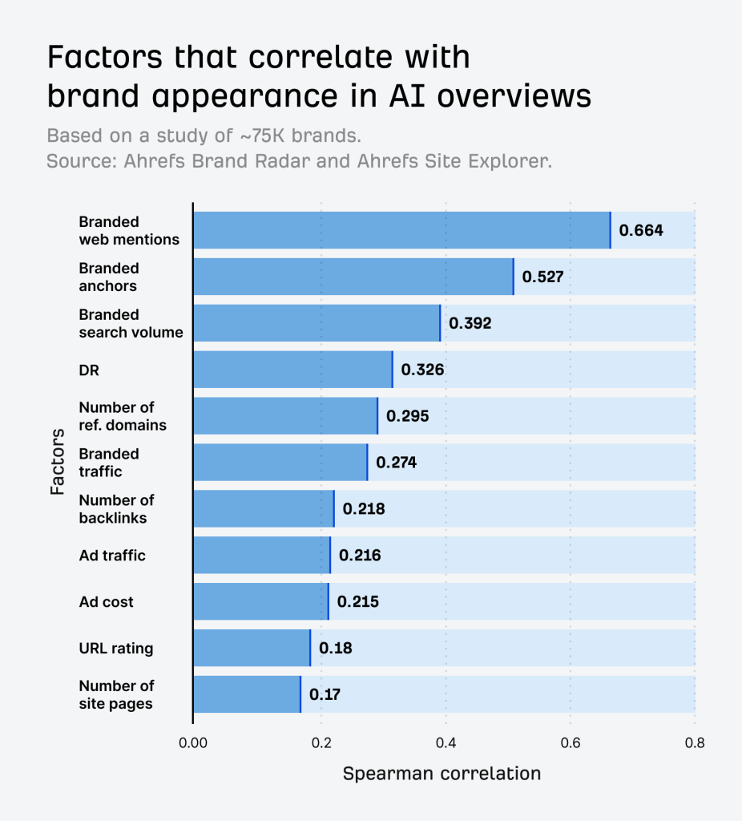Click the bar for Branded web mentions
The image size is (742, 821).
coord(401,230)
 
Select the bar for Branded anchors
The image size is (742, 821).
coord(353,277)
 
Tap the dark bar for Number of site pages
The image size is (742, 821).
coord(247,694)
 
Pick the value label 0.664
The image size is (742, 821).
coord(641,231)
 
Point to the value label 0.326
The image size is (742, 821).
coord(422,370)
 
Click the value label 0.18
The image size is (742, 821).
coord(335,648)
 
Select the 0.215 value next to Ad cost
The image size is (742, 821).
coord(357,601)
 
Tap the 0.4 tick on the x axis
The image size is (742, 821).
coord(446,742)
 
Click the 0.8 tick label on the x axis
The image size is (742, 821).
coord(694,742)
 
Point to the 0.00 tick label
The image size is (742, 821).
coord(192,742)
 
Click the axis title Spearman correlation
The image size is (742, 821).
coord(442,774)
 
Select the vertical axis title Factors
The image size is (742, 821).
coord(57,462)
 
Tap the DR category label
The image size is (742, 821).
coord(89,370)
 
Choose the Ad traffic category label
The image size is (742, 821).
coord(112,555)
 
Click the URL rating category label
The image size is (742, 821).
coord(116,648)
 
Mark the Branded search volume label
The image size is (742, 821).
coord(131,323)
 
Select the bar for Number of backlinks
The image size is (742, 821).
coord(264,508)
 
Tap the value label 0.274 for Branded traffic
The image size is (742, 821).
coord(396,463)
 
